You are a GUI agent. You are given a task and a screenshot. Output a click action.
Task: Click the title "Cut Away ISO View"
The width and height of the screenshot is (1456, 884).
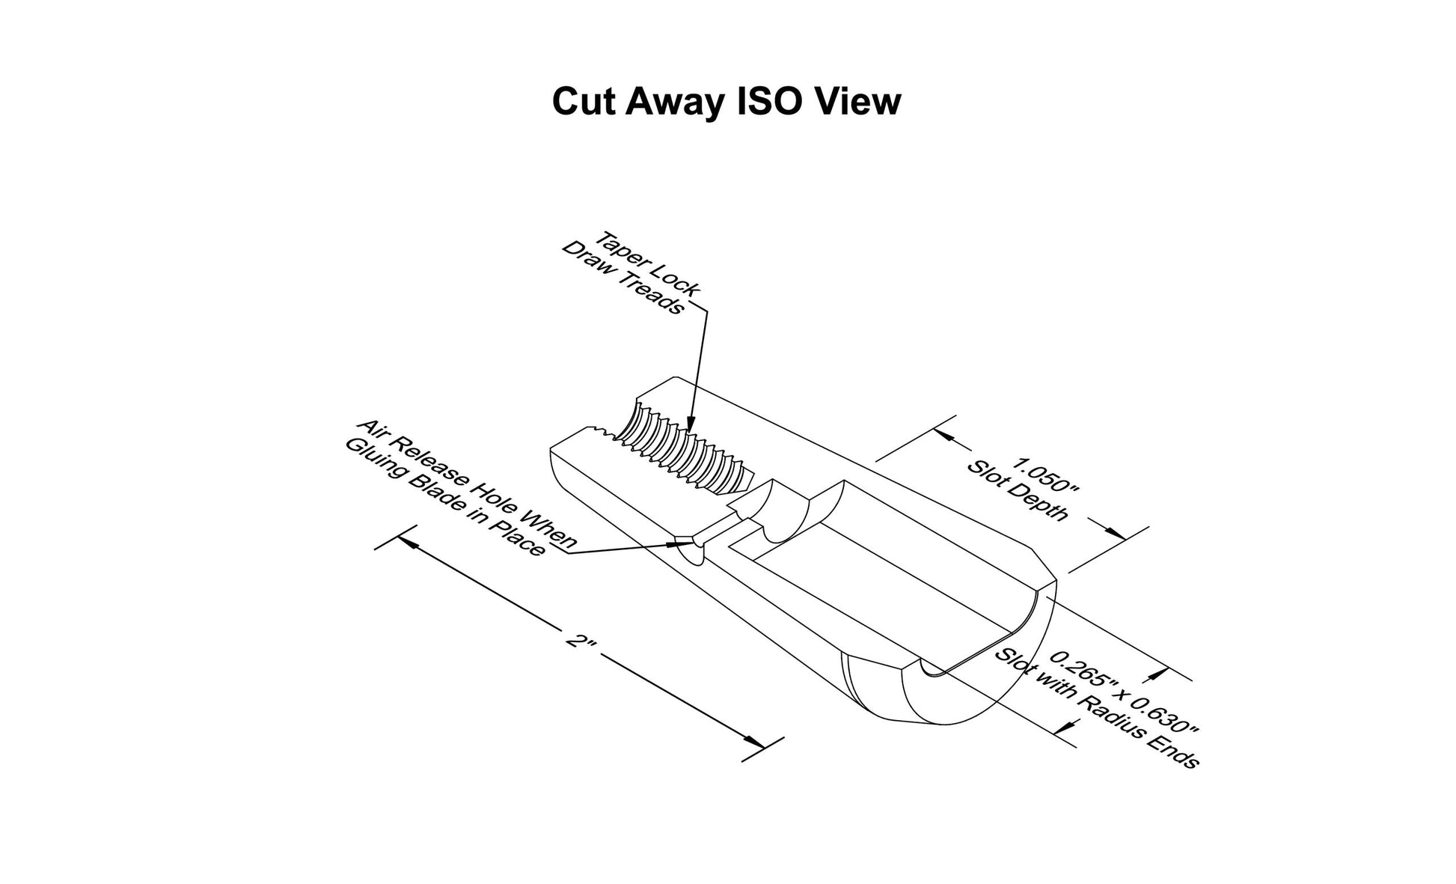pos(727,103)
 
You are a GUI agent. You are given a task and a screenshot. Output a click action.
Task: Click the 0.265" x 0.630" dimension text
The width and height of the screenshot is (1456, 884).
pos(1125,694)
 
